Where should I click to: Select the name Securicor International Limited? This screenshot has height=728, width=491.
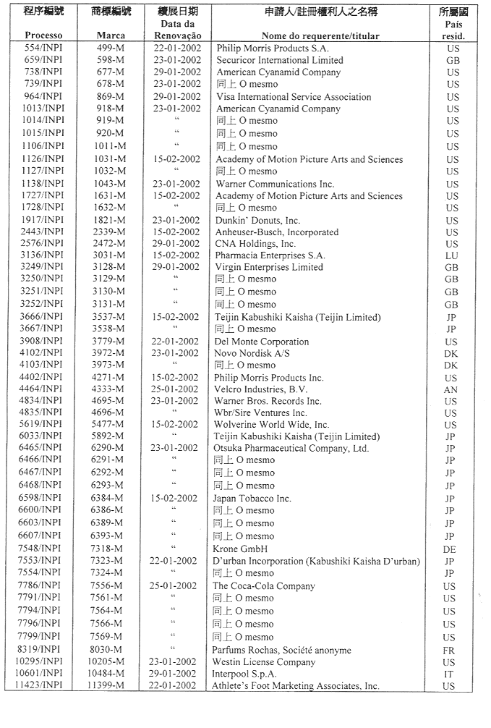point(279,60)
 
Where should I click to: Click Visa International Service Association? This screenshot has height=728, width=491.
point(292,97)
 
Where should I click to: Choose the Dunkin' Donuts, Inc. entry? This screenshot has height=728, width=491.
point(257,220)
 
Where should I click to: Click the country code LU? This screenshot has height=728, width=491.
point(452,256)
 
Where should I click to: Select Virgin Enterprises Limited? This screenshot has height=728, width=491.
point(269,267)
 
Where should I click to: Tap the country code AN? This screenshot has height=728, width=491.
point(451,390)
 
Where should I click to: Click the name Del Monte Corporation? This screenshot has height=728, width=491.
point(261,342)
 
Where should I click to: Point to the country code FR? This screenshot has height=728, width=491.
point(450,651)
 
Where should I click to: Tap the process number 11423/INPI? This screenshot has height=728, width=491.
point(42,686)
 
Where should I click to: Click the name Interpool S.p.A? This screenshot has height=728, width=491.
point(245,674)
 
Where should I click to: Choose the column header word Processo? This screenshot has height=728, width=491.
point(43,35)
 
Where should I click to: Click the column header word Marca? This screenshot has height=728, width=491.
point(111,35)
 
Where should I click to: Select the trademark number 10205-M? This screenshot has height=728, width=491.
point(108,662)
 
